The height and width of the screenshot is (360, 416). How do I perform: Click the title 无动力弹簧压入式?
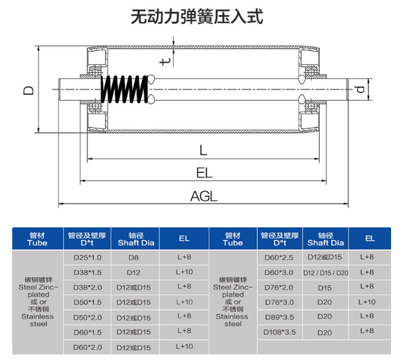pos(197,17)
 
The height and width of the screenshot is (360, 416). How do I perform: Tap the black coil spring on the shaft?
pos(124,89)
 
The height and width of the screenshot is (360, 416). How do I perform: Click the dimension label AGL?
pos(203,197)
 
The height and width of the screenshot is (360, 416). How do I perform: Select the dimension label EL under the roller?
pos(204,173)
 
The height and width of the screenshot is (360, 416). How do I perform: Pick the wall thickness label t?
pos(166,60)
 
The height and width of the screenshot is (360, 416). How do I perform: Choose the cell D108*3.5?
pos(279,331)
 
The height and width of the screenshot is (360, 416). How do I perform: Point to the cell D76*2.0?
pos(279,287)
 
